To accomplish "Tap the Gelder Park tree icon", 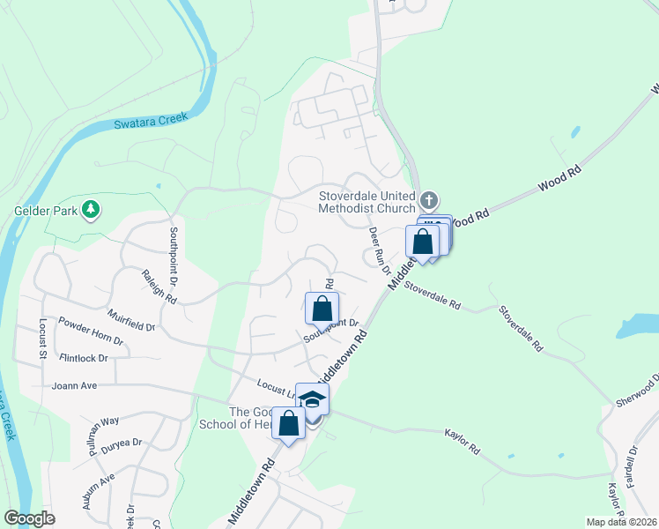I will point(89,209).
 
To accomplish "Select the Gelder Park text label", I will point(41,211).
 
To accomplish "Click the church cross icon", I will point(428,199).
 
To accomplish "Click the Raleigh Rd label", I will point(159,287).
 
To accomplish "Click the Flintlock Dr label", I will point(83,359).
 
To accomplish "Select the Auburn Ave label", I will point(100,491).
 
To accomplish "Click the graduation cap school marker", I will point(312,399).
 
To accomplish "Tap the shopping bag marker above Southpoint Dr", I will point(322,309).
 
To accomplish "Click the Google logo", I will point(29,518).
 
